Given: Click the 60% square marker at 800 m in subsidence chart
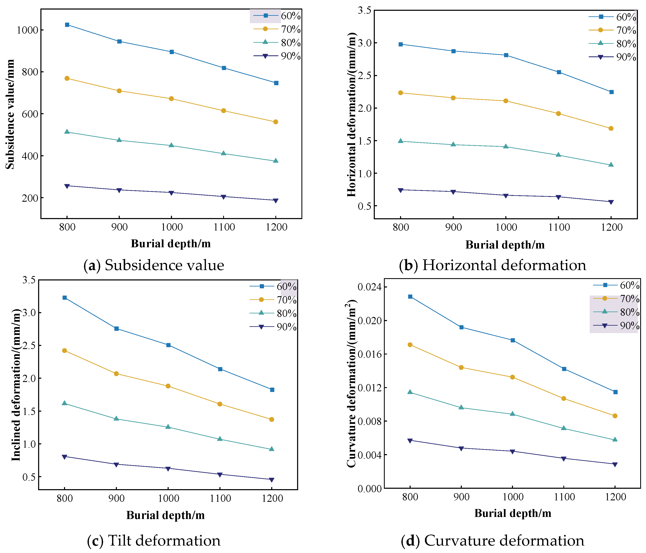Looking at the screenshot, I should pos(67,25).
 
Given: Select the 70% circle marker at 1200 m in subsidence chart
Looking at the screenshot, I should pos(276,122).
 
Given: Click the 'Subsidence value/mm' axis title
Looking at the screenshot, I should pos(10,114).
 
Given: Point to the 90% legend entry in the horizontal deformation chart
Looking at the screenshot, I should pos(612,57).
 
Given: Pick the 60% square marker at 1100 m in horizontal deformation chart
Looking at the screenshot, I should pos(559,72).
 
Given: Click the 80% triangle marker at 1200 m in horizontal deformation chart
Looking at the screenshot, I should pos(611,165).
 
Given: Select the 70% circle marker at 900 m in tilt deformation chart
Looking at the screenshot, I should pos(116,374).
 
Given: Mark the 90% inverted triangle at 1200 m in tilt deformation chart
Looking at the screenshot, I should pos(272,480).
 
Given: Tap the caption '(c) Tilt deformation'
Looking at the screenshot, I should pos(154,541).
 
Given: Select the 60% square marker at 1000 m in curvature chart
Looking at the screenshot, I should pos(513,340).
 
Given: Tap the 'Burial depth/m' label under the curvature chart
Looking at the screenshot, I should pos(513,513).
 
